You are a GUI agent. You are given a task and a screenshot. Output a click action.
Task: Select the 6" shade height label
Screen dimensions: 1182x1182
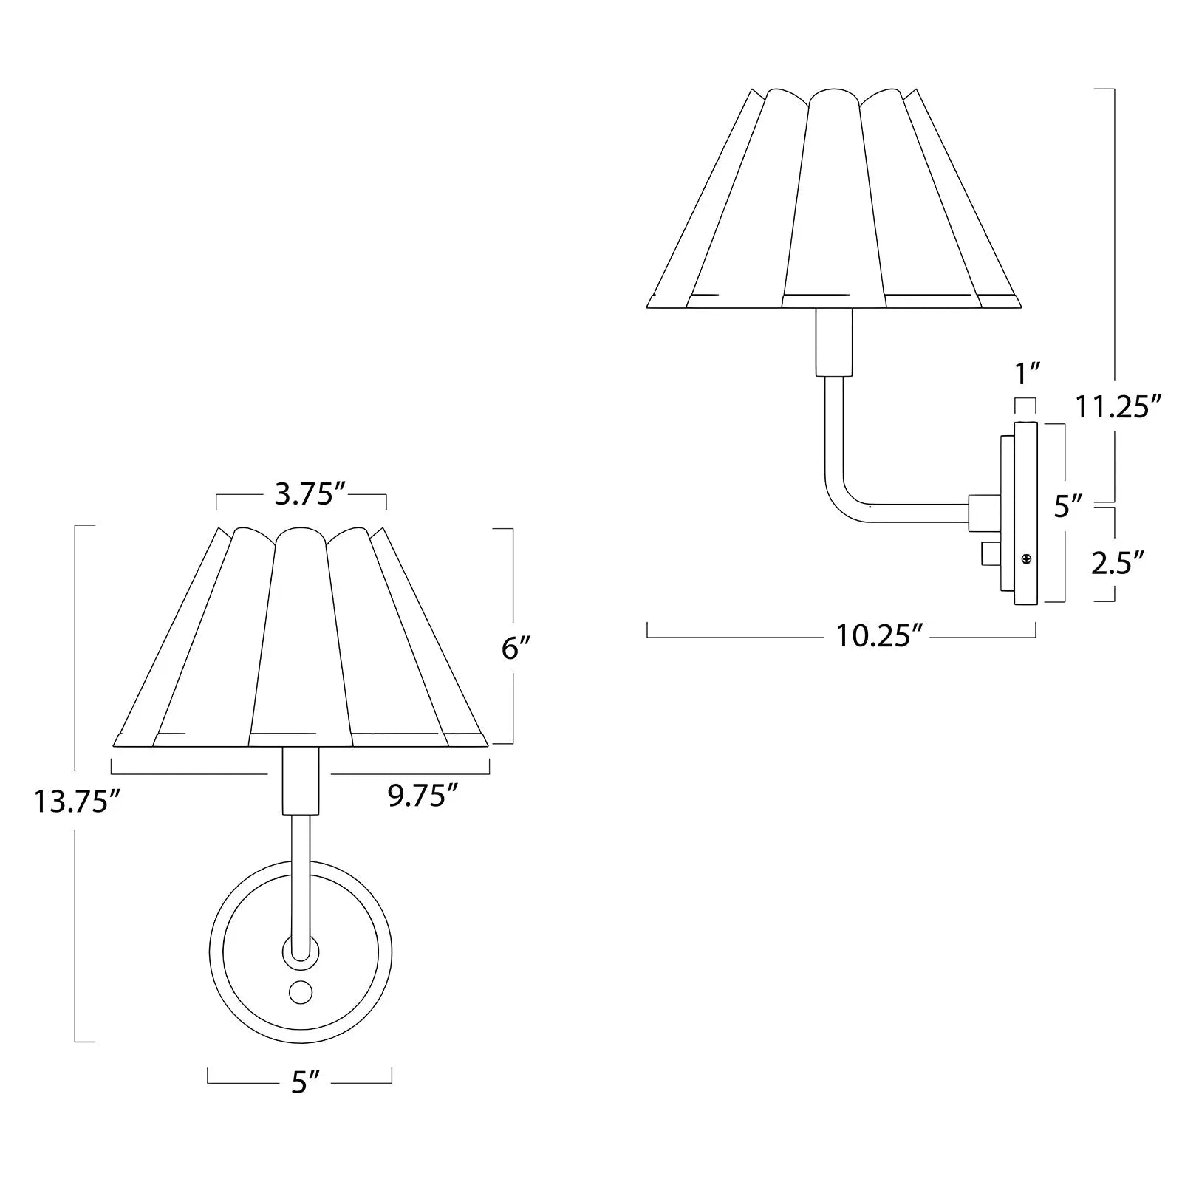point(516,649)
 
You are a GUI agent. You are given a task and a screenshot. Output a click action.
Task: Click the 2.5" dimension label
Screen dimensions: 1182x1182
point(1117,563)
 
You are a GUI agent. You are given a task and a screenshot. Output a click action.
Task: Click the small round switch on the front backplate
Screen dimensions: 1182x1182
point(300,992)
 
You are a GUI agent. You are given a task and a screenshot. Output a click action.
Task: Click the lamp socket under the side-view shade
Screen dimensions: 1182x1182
point(833,342)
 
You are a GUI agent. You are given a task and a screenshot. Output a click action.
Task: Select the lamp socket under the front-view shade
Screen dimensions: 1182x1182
point(301,779)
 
